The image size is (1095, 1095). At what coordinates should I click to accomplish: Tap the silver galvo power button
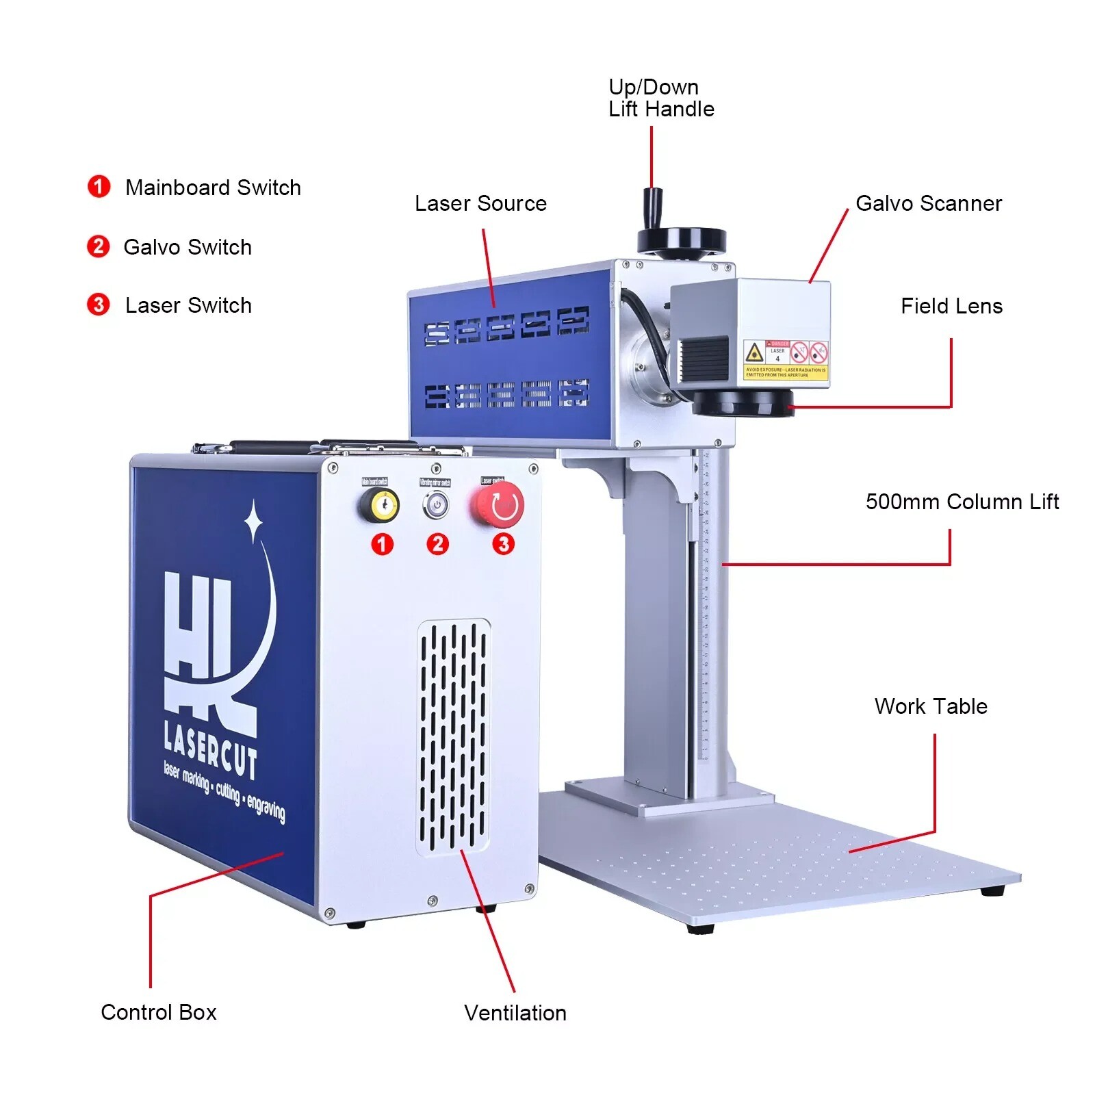[435, 505]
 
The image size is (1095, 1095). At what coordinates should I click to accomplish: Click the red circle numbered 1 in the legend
[99, 186]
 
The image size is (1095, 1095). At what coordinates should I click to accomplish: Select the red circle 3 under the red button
[503, 544]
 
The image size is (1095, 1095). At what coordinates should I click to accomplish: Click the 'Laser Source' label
[480, 203]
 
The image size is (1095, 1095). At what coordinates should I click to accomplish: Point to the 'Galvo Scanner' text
[928, 203]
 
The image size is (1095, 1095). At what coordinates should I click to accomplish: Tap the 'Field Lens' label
[951, 306]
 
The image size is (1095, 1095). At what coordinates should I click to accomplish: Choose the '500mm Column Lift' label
[962, 502]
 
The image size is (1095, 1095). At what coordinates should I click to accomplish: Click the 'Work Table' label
[930, 706]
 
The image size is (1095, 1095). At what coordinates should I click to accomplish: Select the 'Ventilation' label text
[515, 1013]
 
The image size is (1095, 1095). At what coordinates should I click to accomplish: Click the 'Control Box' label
[158, 1012]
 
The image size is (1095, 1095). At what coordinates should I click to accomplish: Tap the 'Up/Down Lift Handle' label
[660, 98]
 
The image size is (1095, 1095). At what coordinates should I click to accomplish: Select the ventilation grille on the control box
[453, 736]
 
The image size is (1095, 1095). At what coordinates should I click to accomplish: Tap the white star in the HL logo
[253, 522]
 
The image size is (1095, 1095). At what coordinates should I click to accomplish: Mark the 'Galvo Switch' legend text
[187, 247]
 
